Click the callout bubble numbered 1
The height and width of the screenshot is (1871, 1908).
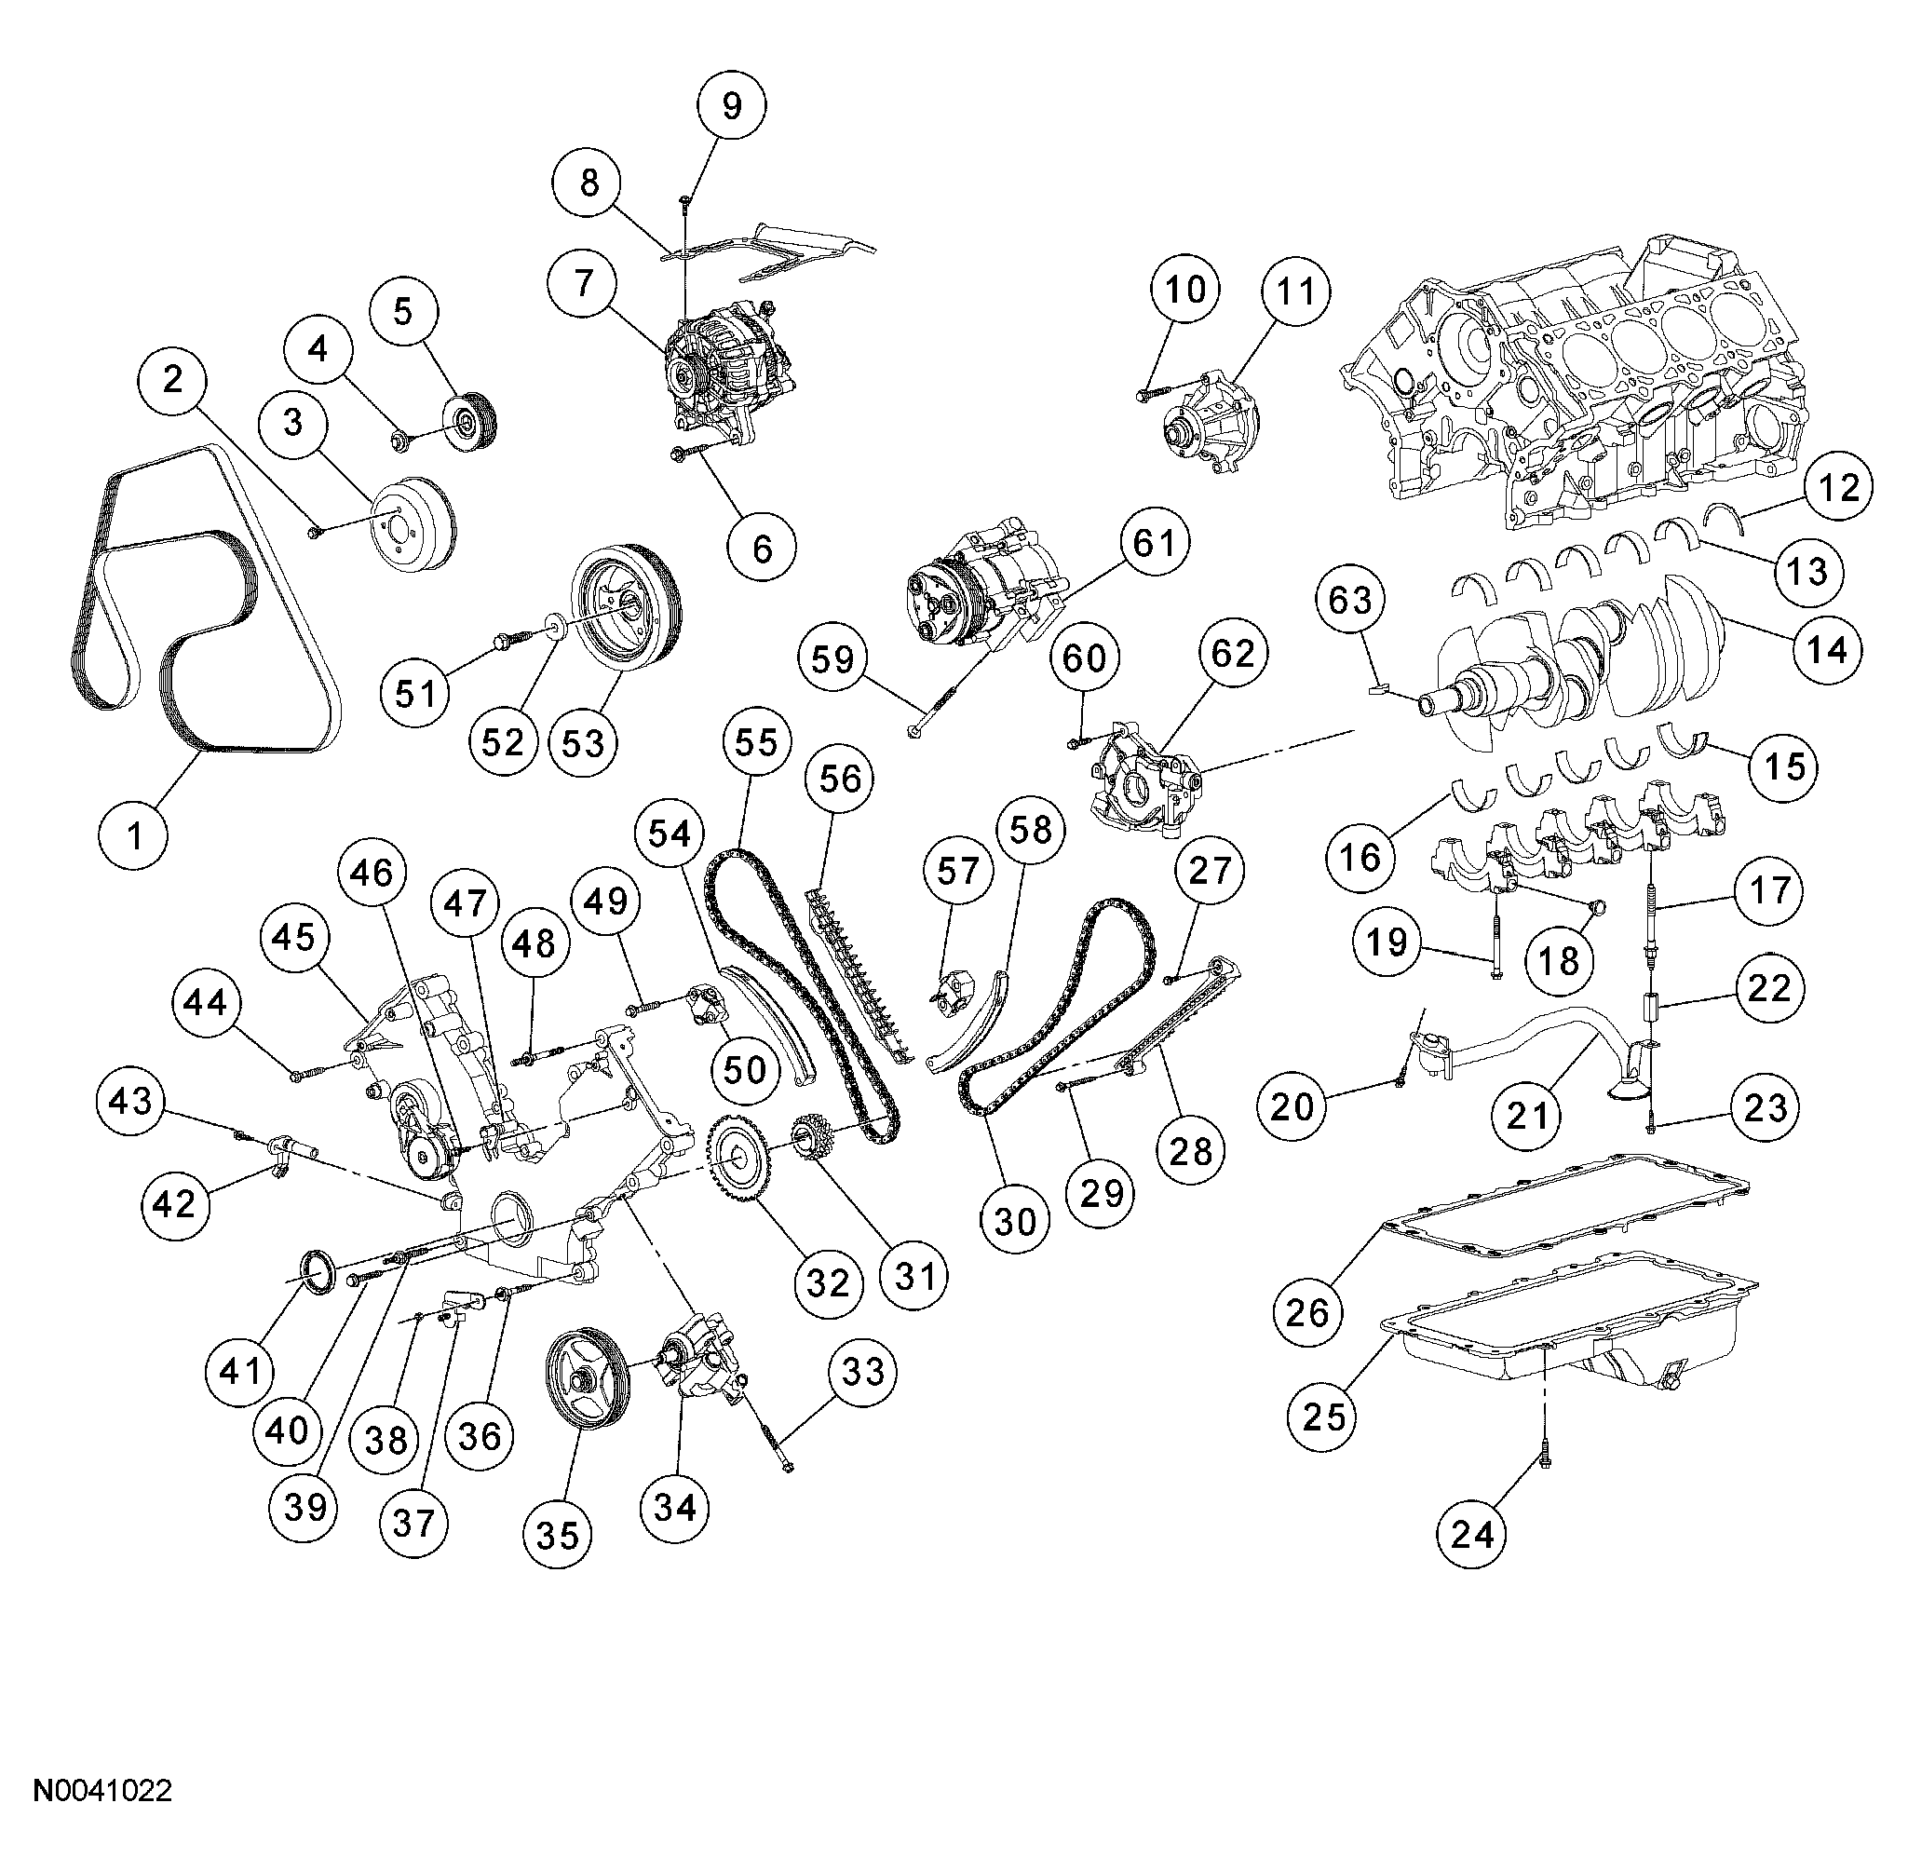tap(136, 834)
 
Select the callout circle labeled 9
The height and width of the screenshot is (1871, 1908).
tap(731, 104)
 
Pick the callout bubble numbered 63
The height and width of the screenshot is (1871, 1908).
tap(1349, 599)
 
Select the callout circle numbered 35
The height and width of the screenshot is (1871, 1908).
tap(558, 1535)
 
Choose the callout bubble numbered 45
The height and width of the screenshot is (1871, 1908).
tap(293, 938)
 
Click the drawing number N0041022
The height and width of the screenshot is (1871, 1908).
tap(103, 1790)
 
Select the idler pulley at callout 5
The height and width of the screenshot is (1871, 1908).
tap(471, 424)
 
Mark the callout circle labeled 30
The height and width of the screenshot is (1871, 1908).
tap(1014, 1222)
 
